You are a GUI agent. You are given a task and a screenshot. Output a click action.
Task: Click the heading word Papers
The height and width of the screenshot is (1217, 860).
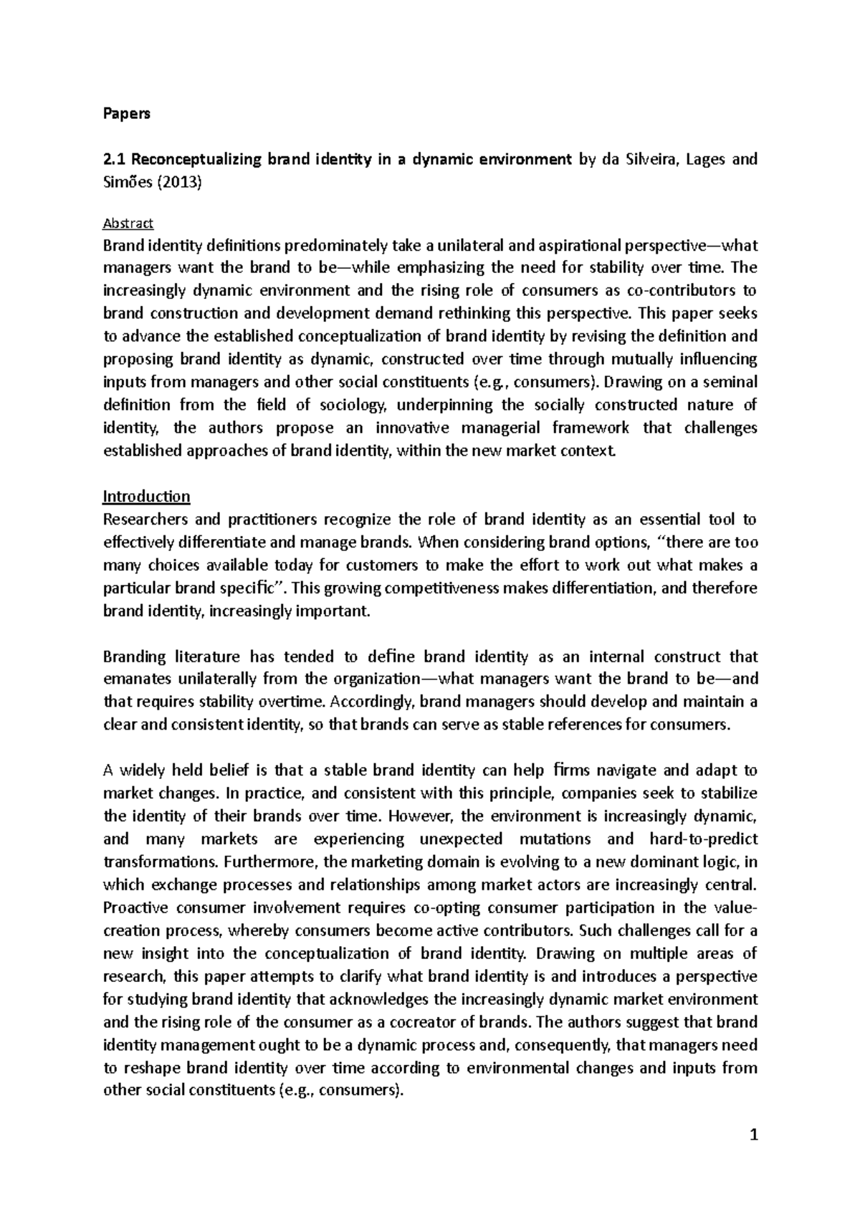[127, 114]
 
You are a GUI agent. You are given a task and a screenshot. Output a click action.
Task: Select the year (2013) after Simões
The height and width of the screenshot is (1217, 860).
[178, 182]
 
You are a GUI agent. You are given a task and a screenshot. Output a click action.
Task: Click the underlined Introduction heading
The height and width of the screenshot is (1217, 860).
[146, 496]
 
